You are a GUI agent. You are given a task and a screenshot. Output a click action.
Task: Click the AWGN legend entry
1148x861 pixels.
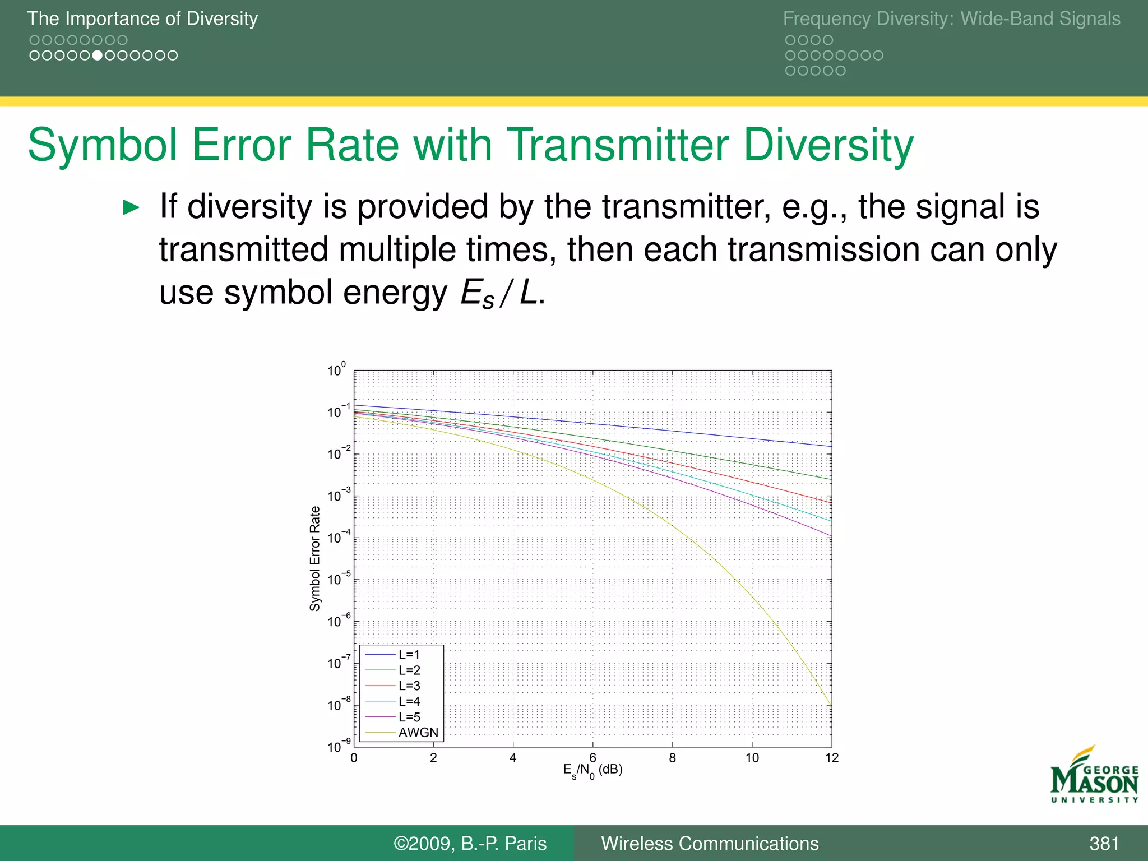click(x=418, y=733)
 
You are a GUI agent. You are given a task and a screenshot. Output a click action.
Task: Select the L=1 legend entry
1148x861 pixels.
click(x=409, y=655)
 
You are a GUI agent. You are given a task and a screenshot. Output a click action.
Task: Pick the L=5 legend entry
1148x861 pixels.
click(x=409, y=717)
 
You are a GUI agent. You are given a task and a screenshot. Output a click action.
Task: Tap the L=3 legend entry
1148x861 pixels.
click(x=409, y=686)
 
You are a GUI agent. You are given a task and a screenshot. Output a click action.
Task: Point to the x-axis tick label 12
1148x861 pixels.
click(x=831, y=758)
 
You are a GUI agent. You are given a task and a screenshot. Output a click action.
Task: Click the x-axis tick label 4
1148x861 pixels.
click(x=512, y=758)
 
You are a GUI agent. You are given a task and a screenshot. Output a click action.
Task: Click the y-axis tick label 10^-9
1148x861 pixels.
click(x=339, y=746)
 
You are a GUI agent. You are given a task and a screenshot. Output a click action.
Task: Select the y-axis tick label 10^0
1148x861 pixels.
click(x=336, y=370)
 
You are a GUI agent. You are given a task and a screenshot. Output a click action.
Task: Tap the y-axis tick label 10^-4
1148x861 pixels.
click(x=339, y=537)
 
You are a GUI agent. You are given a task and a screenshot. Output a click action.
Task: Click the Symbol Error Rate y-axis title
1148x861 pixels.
click(x=315, y=558)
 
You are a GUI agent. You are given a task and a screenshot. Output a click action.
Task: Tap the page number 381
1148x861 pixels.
click(x=1104, y=844)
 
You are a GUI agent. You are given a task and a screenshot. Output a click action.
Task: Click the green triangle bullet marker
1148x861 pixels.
click(x=131, y=207)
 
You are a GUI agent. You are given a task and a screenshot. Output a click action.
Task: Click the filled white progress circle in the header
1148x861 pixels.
click(x=98, y=55)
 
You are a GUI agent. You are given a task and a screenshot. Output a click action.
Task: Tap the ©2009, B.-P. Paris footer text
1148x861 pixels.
click(x=470, y=844)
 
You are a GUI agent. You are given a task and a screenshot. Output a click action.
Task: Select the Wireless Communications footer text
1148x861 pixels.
click(x=710, y=844)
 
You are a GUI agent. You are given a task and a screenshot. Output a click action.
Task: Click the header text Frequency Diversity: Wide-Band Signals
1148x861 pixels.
click(x=951, y=18)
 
